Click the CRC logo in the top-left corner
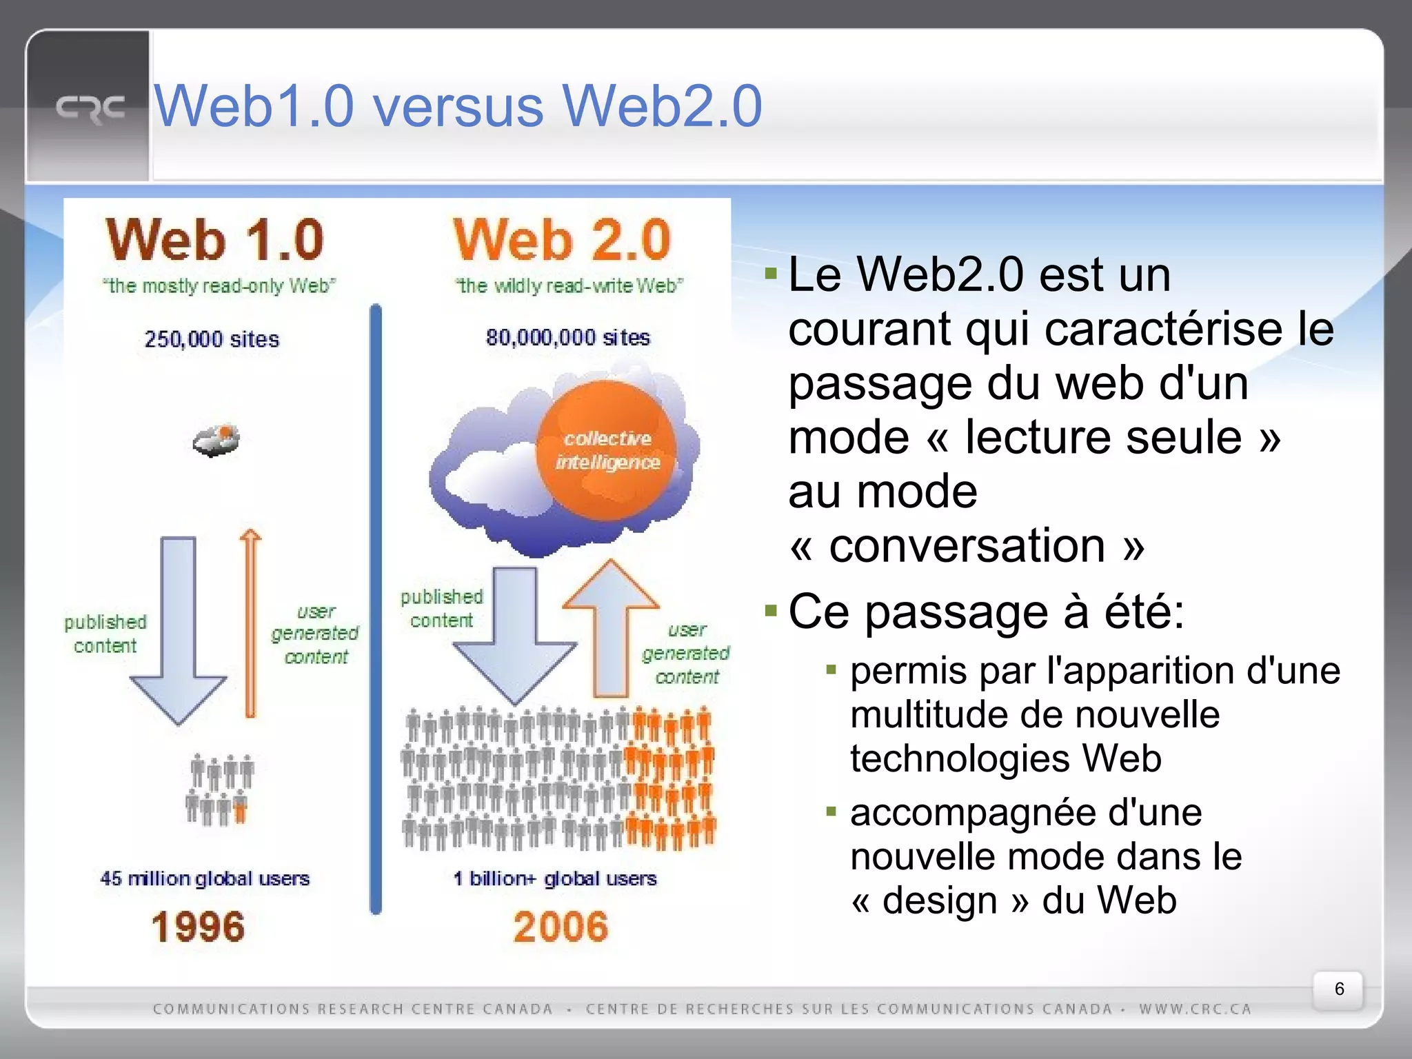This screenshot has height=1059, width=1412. pyautogui.click(x=90, y=109)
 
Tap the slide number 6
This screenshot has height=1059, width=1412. pyautogui.click(x=1339, y=989)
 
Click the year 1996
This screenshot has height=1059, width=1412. pyautogui.click(x=199, y=927)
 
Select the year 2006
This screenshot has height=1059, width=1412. pyautogui.click(x=561, y=927)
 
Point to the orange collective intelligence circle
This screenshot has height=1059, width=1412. pyautogui.click(x=607, y=450)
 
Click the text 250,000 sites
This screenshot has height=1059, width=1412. pyautogui.click(x=212, y=339)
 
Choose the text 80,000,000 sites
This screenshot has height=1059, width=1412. pyautogui.click(x=568, y=337)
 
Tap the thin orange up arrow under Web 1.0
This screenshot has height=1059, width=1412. pyautogui.click(x=250, y=624)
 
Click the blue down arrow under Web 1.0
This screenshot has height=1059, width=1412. pyautogui.click(x=179, y=627)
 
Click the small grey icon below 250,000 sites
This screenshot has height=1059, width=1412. pyautogui.click(x=216, y=441)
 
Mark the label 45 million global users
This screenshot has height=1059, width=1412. pyautogui.click(x=205, y=878)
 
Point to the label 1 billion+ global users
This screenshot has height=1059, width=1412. pyautogui.click(x=555, y=878)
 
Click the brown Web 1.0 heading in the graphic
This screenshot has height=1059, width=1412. pyautogui.click(x=215, y=240)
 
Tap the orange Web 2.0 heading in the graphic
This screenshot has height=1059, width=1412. pyautogui.click(x=562, y=240)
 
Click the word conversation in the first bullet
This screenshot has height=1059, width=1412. pyautogui.click(x=967, y=545)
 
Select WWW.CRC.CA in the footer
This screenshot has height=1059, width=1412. pyautogui.click(x=1195, y=1009)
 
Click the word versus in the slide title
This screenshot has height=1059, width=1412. pyautogui.click(x=458, y=106)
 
